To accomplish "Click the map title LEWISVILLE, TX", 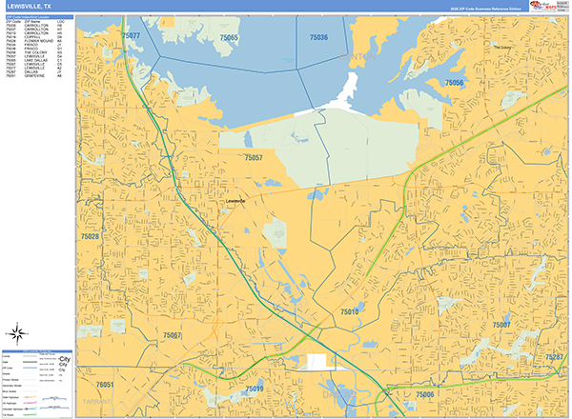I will pos(30,7).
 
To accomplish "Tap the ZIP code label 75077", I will pos(132,35).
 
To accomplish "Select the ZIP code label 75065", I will pos(228,37).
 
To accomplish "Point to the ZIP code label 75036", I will pos(318,37).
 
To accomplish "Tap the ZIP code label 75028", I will pos(90,235).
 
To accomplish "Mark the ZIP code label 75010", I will pos(349,311).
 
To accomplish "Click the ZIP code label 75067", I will pos(173,335).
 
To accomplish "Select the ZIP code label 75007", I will pos(501,326).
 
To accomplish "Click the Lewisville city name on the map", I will pos(235,202).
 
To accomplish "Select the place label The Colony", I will pos(502,47).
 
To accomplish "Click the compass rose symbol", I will pos(18,333).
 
